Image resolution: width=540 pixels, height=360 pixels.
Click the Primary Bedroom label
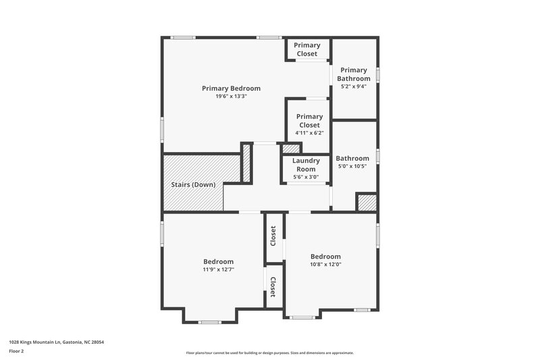click(x=231, y=88)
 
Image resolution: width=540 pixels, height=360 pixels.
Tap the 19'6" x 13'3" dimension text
click(x=231, y=97)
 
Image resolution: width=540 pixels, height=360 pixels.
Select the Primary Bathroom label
click(x=354, y=74)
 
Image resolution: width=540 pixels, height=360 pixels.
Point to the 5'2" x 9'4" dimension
click(x=354, y=86)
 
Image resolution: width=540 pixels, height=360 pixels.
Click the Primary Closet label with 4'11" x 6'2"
click(x=309, y=121)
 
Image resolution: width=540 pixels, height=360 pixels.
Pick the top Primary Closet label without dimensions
click(x=307, y=49)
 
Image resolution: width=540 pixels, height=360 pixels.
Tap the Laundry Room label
click(x=306, y=165)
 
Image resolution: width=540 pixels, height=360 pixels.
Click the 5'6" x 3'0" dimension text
click(x=306, y=177)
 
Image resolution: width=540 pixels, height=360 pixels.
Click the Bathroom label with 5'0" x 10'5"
click(x=352, y=159)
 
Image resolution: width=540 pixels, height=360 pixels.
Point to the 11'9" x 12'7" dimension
click(x=219, y=269)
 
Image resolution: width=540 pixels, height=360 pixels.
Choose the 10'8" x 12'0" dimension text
click(x=325, y=265)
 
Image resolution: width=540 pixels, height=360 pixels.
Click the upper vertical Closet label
click(x=273, y=236)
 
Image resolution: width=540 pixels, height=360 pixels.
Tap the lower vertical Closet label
click(x=273, y=287)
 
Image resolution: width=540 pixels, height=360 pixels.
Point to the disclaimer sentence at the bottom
click(x=269, y=353)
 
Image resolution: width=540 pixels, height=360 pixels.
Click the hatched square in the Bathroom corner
click(x=367, y=202)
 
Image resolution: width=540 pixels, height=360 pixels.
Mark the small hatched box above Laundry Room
click(x=290, y=149)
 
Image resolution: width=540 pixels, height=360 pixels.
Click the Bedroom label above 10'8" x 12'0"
click(x=325, y=257)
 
